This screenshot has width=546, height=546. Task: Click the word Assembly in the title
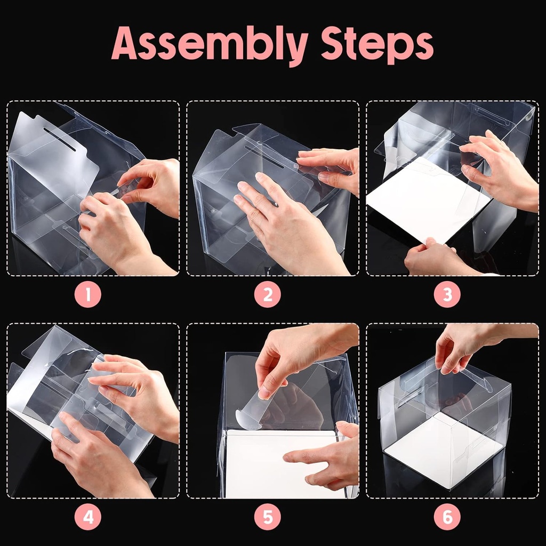point(209,45)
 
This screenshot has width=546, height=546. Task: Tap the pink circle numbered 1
point(88,294)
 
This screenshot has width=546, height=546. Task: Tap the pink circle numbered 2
point(268,294)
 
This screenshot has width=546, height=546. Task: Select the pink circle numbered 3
point(447,294)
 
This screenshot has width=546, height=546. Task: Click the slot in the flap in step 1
point(60,139)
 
